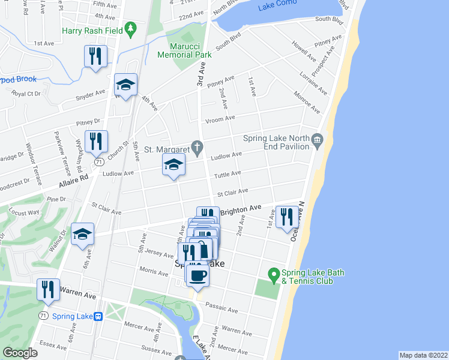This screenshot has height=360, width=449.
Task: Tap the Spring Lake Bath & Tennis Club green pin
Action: point(274,277)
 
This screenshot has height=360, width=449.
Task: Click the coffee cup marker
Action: point(197,275)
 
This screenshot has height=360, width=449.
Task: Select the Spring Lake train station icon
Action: point(98,316)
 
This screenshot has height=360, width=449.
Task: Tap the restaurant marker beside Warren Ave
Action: point(48,290)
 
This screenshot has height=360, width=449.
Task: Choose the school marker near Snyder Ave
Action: point(125,85)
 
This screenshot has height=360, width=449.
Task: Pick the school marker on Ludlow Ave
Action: point(173,165)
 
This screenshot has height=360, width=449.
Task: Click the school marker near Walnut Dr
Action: point(82,234)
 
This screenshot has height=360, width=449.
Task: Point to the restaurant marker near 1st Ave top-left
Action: point(95,56)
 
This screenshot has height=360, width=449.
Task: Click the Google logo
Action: point(20,353)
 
